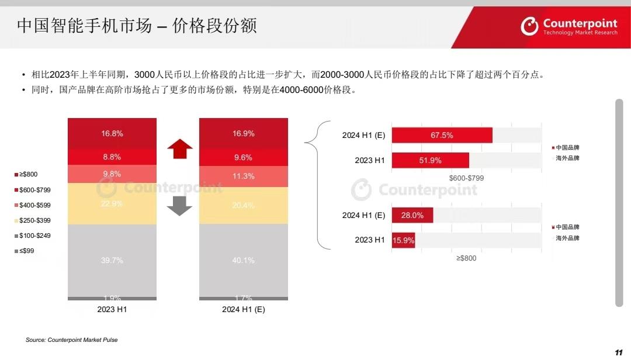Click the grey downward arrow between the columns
(x=179, y=206)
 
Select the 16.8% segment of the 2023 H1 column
(x=112, y=133)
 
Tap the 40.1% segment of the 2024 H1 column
(x=243, y=260)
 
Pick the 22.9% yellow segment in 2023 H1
(x=112, y=204)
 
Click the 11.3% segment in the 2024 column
(x=243, y=176)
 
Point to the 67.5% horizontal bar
(x=442, y=135)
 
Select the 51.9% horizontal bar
(x=430, y=160)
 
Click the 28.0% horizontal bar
(x=412, y=215)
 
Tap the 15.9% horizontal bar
(x=403, y=240)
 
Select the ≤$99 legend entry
(x=26, y=251)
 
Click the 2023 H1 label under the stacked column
(x=112, y=310)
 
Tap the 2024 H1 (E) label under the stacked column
(x=243, y=310)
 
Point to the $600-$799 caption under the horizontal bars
(x=466, y=178)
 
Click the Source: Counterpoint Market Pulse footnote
(x=71, y=340)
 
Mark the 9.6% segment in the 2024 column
(x=243, y=157)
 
